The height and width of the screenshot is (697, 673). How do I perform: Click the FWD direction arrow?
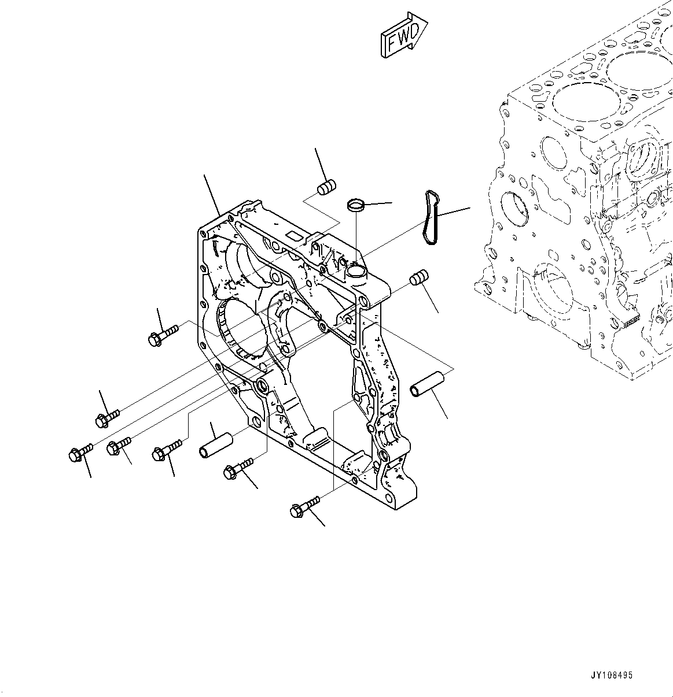coord(404,36)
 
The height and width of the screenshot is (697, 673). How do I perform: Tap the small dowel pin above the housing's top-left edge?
coord(327,188)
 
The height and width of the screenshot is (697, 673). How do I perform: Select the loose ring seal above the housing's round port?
coord(356,205)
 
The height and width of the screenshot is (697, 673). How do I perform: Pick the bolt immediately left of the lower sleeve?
coord(166,450)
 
